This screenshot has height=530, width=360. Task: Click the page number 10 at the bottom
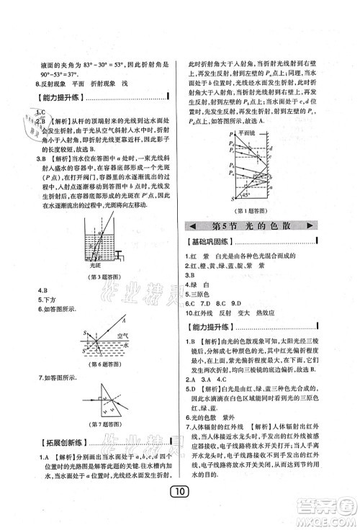(x=179, y=513)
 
